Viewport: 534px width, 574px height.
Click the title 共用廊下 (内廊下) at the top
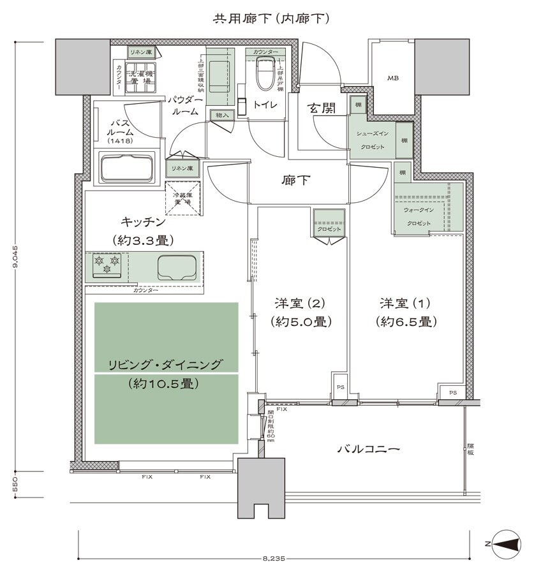click(271, 19)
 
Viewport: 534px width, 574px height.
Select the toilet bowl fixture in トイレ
click(264, 77)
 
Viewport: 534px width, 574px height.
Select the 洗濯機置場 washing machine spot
click(140, 77)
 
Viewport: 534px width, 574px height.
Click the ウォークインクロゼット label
click(418, 216)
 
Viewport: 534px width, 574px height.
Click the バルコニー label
click(368, 449)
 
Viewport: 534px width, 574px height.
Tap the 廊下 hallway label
click(295, 180)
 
